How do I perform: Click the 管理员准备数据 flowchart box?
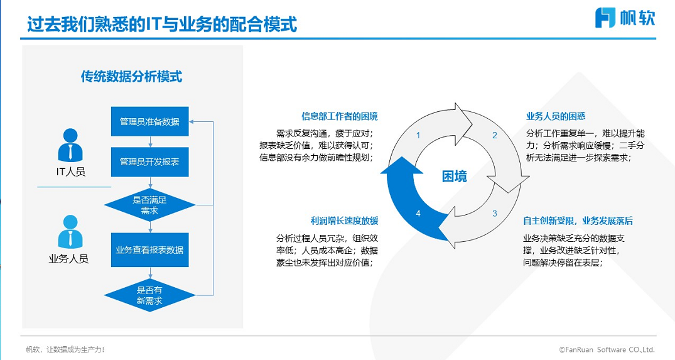coord(150,121)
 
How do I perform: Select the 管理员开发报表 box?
coord(150,162)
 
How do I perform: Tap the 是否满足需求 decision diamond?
coord(150,205)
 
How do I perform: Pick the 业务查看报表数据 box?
coord(150,250)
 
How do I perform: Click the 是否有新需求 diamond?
coord(150,295)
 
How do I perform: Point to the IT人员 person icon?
coord(70,145)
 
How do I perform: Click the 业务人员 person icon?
coord(70,232)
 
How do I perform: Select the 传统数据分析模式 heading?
coord(131,77)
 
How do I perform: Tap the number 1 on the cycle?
coord(418,135)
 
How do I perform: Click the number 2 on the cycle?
coord(495,135)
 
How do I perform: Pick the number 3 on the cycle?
coord(495,213)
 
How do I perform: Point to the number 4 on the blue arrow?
coord(418,213)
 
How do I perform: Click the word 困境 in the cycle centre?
coord(455,177)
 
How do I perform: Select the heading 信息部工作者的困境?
coord(340,116)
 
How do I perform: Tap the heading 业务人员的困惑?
coord(556,116)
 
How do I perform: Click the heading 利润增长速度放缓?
coord(344,221)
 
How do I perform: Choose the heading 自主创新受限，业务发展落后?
coord(578,221)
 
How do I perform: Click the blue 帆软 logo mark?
coord(605,18)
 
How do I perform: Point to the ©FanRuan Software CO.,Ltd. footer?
coord(607,350)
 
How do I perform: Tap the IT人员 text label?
coord(70,172)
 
